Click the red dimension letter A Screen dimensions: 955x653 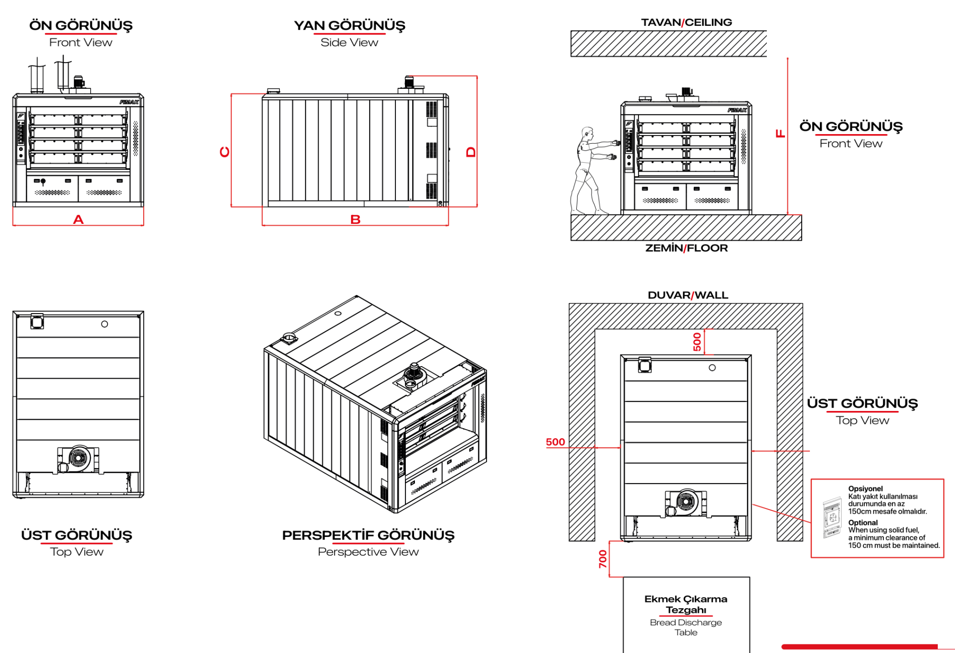(x=78, y=220)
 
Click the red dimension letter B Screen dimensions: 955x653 (x=355, y=220)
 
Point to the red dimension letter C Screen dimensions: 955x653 (x=224, y=152)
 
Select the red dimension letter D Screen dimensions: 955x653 (x=471, y=152)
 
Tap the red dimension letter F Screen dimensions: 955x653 (x=780, y=134)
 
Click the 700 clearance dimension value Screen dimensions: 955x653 (x=603, y=559)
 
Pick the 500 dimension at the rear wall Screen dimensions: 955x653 (x=697, y=342)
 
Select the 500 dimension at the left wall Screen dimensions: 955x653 (x=555, y=442)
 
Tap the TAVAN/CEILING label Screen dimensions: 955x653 (x=686, y=22)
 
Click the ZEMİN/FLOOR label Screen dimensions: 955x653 (x=686, y=248)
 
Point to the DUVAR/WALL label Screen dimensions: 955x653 (x=688, y=295)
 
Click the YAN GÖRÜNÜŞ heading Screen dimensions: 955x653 (x=350, y=25)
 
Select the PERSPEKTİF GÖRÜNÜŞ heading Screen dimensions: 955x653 (x=368, y=535)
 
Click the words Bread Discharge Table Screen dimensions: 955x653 (x=686, y=627)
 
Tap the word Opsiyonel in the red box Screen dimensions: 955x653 (x=865, y=488)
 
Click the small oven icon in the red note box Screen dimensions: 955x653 (x=832, y=517)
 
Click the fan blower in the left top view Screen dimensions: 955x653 (x=78, y=459)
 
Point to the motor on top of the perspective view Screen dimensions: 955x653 (x=413, y=375)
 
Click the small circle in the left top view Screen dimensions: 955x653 (x=105, y=324)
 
